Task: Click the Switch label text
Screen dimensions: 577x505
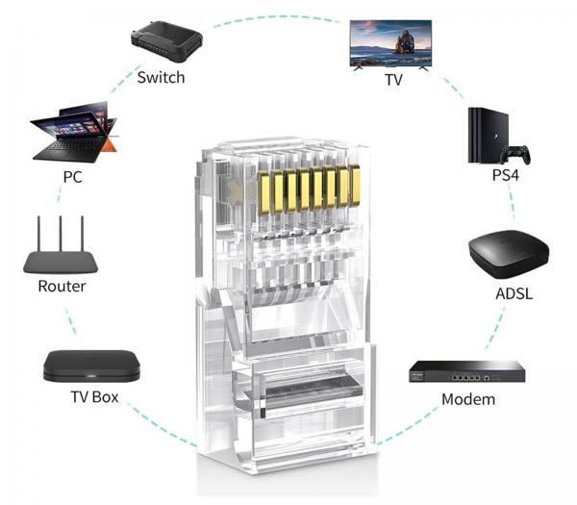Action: (x=161, y=78)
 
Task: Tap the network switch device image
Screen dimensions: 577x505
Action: (x=166, y=41)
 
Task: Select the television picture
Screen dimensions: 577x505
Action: (x=390, y=45)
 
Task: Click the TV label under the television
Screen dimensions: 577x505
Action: (x=393, y=80)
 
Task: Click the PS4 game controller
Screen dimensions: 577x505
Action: (x=515, y=155)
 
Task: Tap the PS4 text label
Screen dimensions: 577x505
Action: (x=506, y=175)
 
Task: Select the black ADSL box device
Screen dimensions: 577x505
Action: (x=509, y=254)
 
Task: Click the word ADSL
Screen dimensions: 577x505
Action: (x=514, y=293)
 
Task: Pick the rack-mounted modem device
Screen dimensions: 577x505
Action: (x=467, y=371)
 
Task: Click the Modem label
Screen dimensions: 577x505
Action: (x=468, y=399)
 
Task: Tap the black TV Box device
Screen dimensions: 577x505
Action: (x=91, y=366)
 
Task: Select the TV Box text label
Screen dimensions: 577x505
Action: (x=94, y=397)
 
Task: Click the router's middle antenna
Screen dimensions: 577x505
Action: (x=61, y=234)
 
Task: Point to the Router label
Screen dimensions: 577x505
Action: (x=62, y=287)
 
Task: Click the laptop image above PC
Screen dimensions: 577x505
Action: (x=75, y=132)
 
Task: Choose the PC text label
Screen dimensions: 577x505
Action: (x=72, y=177)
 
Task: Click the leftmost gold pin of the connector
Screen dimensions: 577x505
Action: (x=263, y=192)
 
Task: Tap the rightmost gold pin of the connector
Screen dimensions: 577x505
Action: (x=354, y=185)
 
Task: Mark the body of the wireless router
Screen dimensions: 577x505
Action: (x=61, y=262)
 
